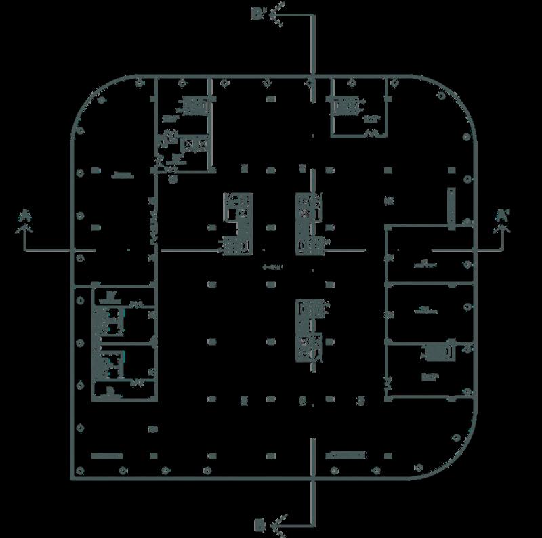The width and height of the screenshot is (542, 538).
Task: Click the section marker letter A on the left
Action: tap(23, 215)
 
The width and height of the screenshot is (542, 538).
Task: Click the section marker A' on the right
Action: tap(502, 215)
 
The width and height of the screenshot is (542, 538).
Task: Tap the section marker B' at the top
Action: tap(258, 12)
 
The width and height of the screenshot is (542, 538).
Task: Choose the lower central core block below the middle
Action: tap(310, 329)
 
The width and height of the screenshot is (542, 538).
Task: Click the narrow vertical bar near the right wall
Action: tap(449, 207)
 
